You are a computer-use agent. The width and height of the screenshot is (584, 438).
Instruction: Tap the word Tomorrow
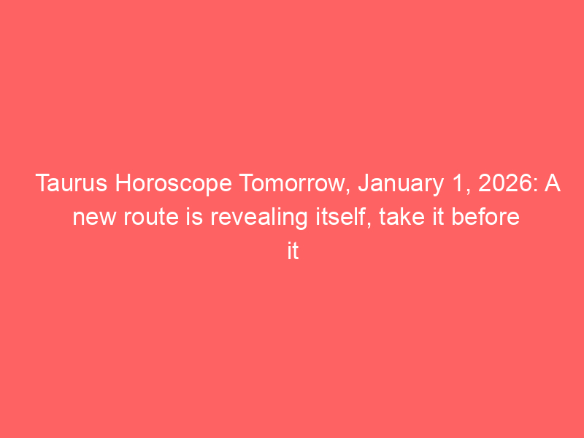point(292,183)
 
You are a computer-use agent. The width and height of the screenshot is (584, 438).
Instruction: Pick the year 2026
point(505,183)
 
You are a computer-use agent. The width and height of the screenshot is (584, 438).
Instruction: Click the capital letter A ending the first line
point(553,183)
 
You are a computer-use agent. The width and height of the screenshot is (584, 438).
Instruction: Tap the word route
point(151,218)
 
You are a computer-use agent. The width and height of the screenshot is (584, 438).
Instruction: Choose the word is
point(194,217)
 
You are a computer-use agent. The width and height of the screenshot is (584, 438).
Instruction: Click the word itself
point(342,217)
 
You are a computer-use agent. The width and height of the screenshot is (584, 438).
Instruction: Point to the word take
point(402,217)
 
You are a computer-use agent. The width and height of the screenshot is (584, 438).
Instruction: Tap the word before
point(485,217)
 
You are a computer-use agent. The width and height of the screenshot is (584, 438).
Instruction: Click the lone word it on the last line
point(293,251)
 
